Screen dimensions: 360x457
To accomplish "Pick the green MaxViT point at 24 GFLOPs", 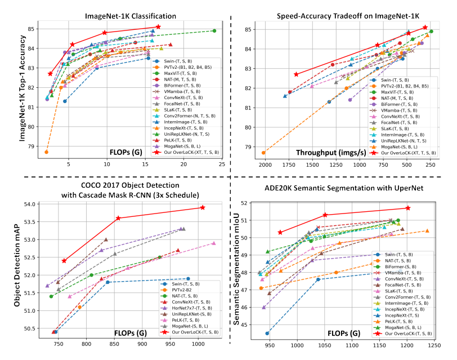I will click(x=214, y=31).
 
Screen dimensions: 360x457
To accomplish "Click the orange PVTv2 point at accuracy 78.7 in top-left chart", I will click(x=46, y=152).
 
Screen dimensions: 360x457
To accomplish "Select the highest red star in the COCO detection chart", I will click(x=203, y=207).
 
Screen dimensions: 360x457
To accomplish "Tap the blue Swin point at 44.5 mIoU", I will click(x=267, y=333).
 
